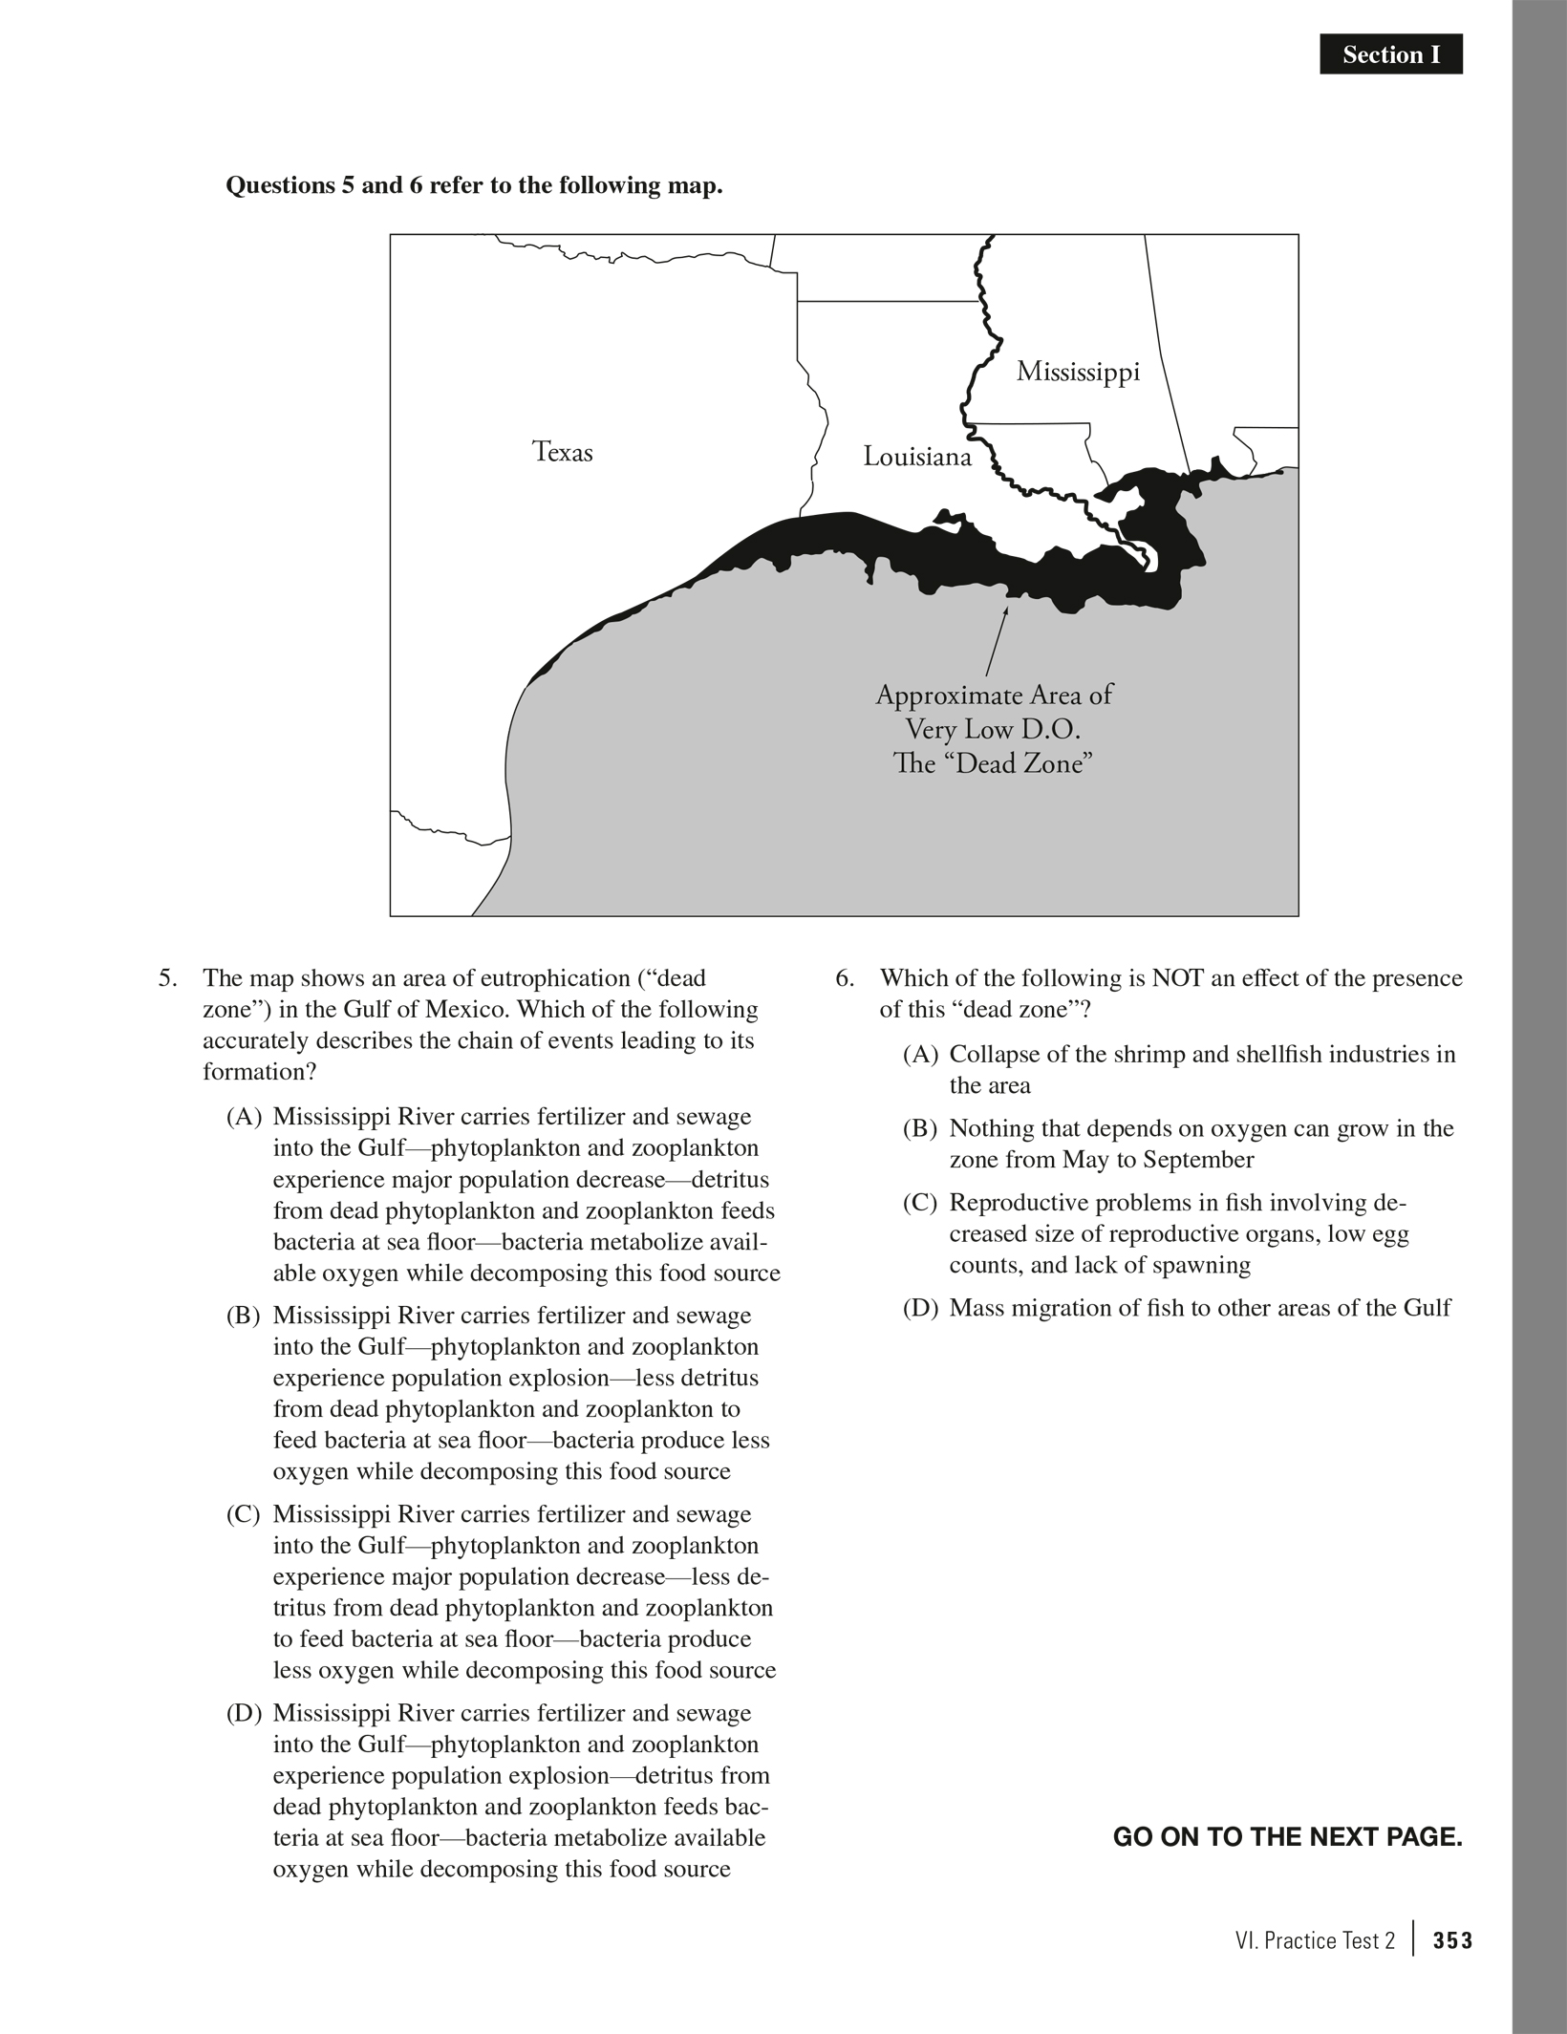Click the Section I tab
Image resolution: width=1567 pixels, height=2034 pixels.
1390,55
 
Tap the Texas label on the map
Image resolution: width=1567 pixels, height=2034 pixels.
562,452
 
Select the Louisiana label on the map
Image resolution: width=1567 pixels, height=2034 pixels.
916,457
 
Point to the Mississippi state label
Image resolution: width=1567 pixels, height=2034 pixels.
1078,372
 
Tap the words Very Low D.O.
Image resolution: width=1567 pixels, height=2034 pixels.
993,730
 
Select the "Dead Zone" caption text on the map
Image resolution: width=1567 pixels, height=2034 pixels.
993,764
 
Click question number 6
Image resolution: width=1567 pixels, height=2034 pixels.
844,978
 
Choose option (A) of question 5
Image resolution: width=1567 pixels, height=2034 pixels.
244,1117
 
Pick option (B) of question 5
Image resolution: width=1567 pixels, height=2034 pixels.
244,1316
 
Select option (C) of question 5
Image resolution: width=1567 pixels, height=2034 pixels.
244,1514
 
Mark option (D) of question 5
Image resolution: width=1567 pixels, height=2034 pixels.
244,1713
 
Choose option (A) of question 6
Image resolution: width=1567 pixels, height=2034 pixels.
920,1055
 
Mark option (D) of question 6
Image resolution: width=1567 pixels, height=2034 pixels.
920,1308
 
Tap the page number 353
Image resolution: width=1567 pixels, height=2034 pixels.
1452,1941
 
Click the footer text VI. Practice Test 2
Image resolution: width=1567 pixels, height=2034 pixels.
1314,1941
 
